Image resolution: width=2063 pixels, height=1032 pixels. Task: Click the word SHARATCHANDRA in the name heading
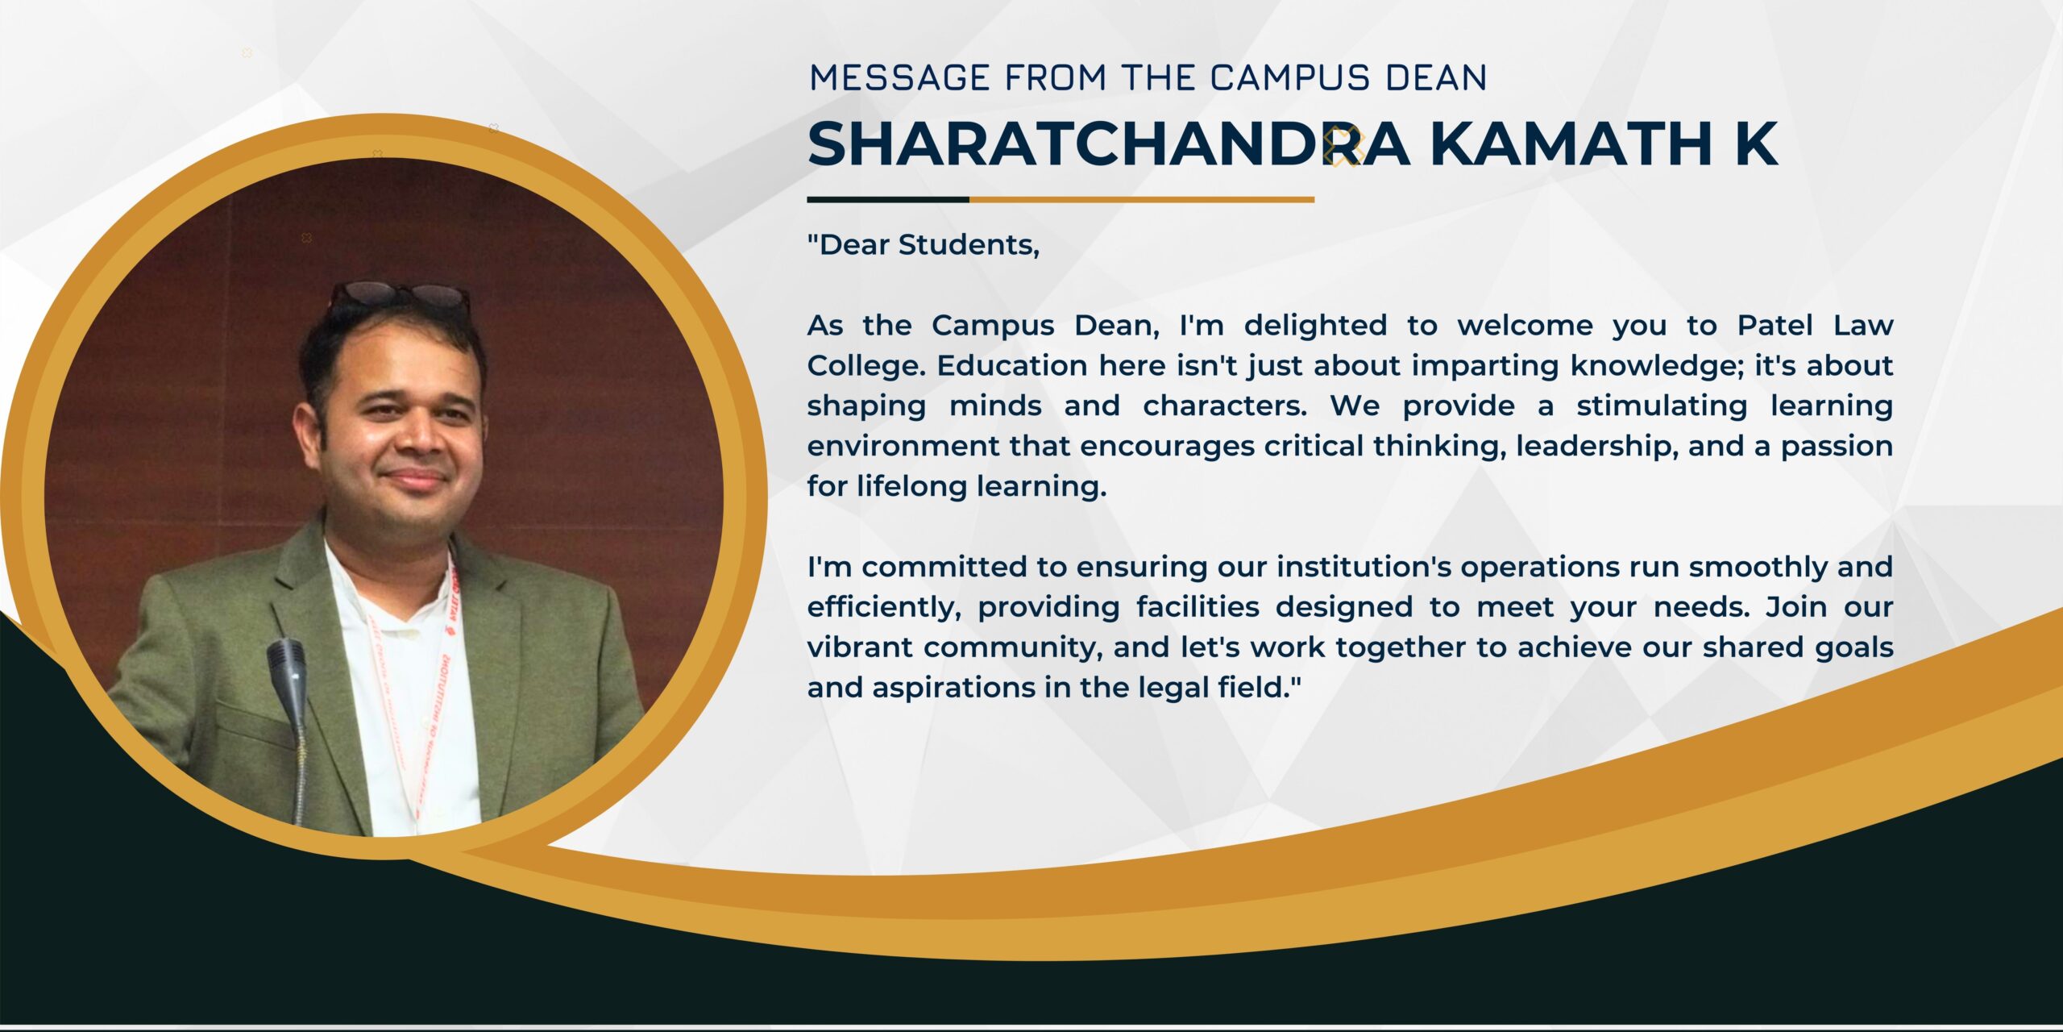(1109, 144)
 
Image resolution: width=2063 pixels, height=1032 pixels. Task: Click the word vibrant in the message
(861, 647)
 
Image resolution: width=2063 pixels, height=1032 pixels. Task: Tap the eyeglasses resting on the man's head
(399, 296)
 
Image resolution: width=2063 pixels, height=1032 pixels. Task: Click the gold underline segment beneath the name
(1142, 199)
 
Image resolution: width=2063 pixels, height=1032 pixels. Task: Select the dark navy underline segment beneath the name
(888, 199)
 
